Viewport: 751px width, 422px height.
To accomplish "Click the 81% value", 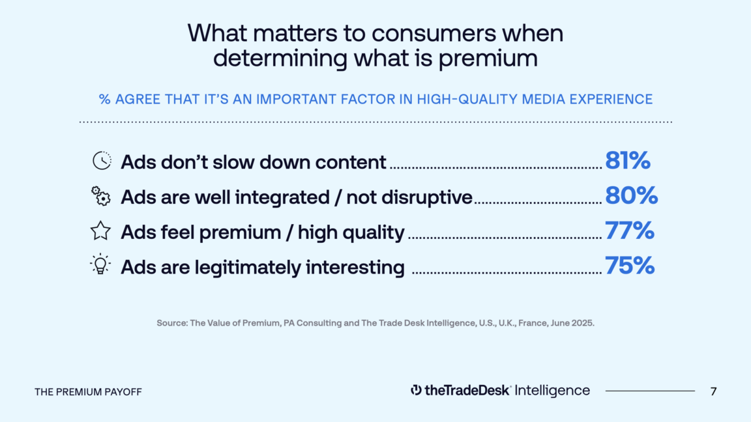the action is [x=627, y=160].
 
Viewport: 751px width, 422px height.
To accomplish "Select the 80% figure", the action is [x=631, y=195].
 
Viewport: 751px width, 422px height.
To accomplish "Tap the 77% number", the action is [x=629, y=230].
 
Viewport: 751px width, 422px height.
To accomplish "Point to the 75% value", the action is [x=629, y=265].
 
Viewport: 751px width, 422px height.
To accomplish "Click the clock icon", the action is [x=102, y=161].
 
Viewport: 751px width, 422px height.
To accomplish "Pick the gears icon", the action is [x=100, y=196].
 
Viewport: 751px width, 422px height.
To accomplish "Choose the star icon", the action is [x=100, y=231].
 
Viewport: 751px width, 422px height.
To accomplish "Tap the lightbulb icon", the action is [x=100, y=264].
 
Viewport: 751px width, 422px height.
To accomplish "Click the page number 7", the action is [x=714, y=391].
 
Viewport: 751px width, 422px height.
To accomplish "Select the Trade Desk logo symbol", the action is [x=416, y=391].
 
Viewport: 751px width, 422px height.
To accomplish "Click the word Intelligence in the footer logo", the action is [x=552, y=391].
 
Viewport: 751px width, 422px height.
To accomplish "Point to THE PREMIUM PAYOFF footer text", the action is [x=88, y=392].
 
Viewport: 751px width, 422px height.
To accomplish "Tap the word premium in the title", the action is [x=488, y=59].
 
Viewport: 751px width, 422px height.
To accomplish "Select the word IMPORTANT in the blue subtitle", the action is [x=297, y=99].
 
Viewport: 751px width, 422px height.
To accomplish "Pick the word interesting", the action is [x=355, y=267].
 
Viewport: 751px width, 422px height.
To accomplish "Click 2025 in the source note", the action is [x=582, y=323].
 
